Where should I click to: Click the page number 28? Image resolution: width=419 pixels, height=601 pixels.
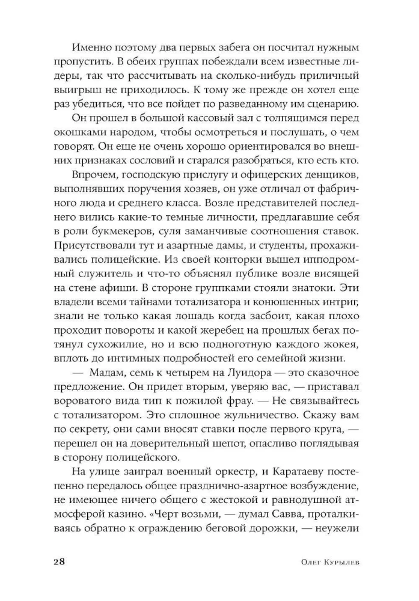tap(59, 561)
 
